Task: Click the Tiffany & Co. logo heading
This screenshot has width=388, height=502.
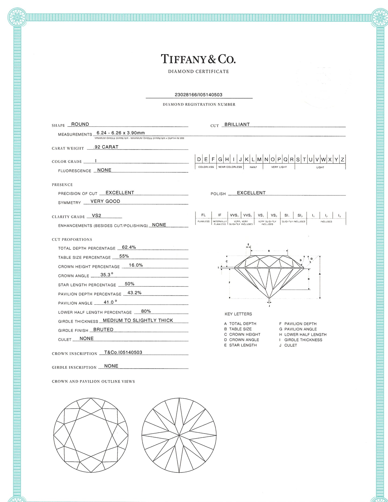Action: pos(198,59)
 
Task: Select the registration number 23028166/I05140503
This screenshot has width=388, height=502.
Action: pos(198,94)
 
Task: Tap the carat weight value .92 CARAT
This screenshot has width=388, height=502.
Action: pos(106,147)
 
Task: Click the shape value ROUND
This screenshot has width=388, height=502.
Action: pos(80,124)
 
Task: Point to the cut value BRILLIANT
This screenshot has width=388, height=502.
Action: pos(237,124)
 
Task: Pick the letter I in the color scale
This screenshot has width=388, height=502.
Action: pos(234,159)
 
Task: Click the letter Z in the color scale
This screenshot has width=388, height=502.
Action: pos(342,159)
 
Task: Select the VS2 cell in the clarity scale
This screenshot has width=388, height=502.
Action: pos(274,215)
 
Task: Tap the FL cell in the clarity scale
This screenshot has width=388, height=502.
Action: pos(204,215)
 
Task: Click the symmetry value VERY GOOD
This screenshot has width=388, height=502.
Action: pos(105,201)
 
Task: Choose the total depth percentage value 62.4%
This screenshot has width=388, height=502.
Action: pos(129,247)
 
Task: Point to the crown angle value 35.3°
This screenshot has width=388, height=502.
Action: pos(107,275)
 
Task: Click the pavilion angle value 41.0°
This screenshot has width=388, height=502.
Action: pos(110,302)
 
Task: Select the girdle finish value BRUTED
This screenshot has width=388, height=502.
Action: pos(103,329)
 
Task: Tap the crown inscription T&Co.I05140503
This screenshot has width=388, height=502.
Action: pos(123,352)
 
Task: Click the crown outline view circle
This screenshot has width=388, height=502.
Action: pos(91,435)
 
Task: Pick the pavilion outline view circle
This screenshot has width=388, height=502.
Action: pos(179,435)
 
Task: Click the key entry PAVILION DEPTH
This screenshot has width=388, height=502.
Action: pos(300,324)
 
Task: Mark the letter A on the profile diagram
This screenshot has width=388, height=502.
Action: pos(320,274)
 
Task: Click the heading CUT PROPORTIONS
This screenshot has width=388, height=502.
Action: pos(72,239)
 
